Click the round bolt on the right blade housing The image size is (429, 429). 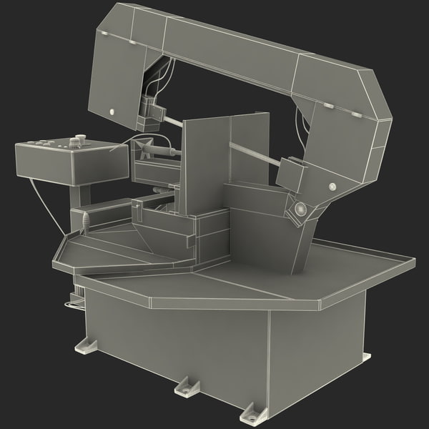point(332,187)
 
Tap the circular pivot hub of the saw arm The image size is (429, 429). point(299,210)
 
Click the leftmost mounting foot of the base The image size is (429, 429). point(88,347)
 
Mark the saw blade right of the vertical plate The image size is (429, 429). point(254,154)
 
